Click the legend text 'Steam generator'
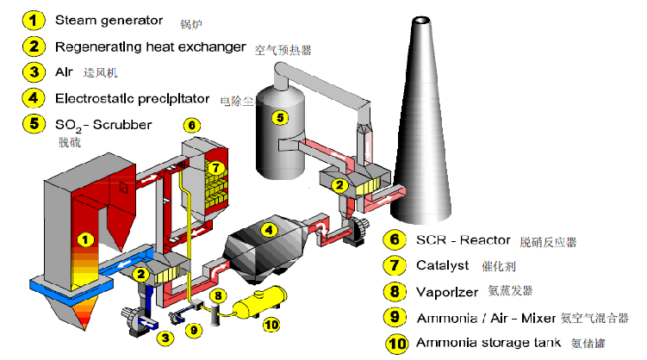tap(107, 18)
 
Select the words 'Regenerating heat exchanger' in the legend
tap(150, 46)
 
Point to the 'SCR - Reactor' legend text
tap(463, 239)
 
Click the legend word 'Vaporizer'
tap(448, 291)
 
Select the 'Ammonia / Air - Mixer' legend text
tap(485, 317)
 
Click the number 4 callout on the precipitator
tap(269, 230)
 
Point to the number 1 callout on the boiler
tap(84, 238)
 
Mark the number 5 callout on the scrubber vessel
tap(278, 116)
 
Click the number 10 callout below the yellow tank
tap(271, 325)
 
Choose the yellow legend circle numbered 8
tap(394, 291)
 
